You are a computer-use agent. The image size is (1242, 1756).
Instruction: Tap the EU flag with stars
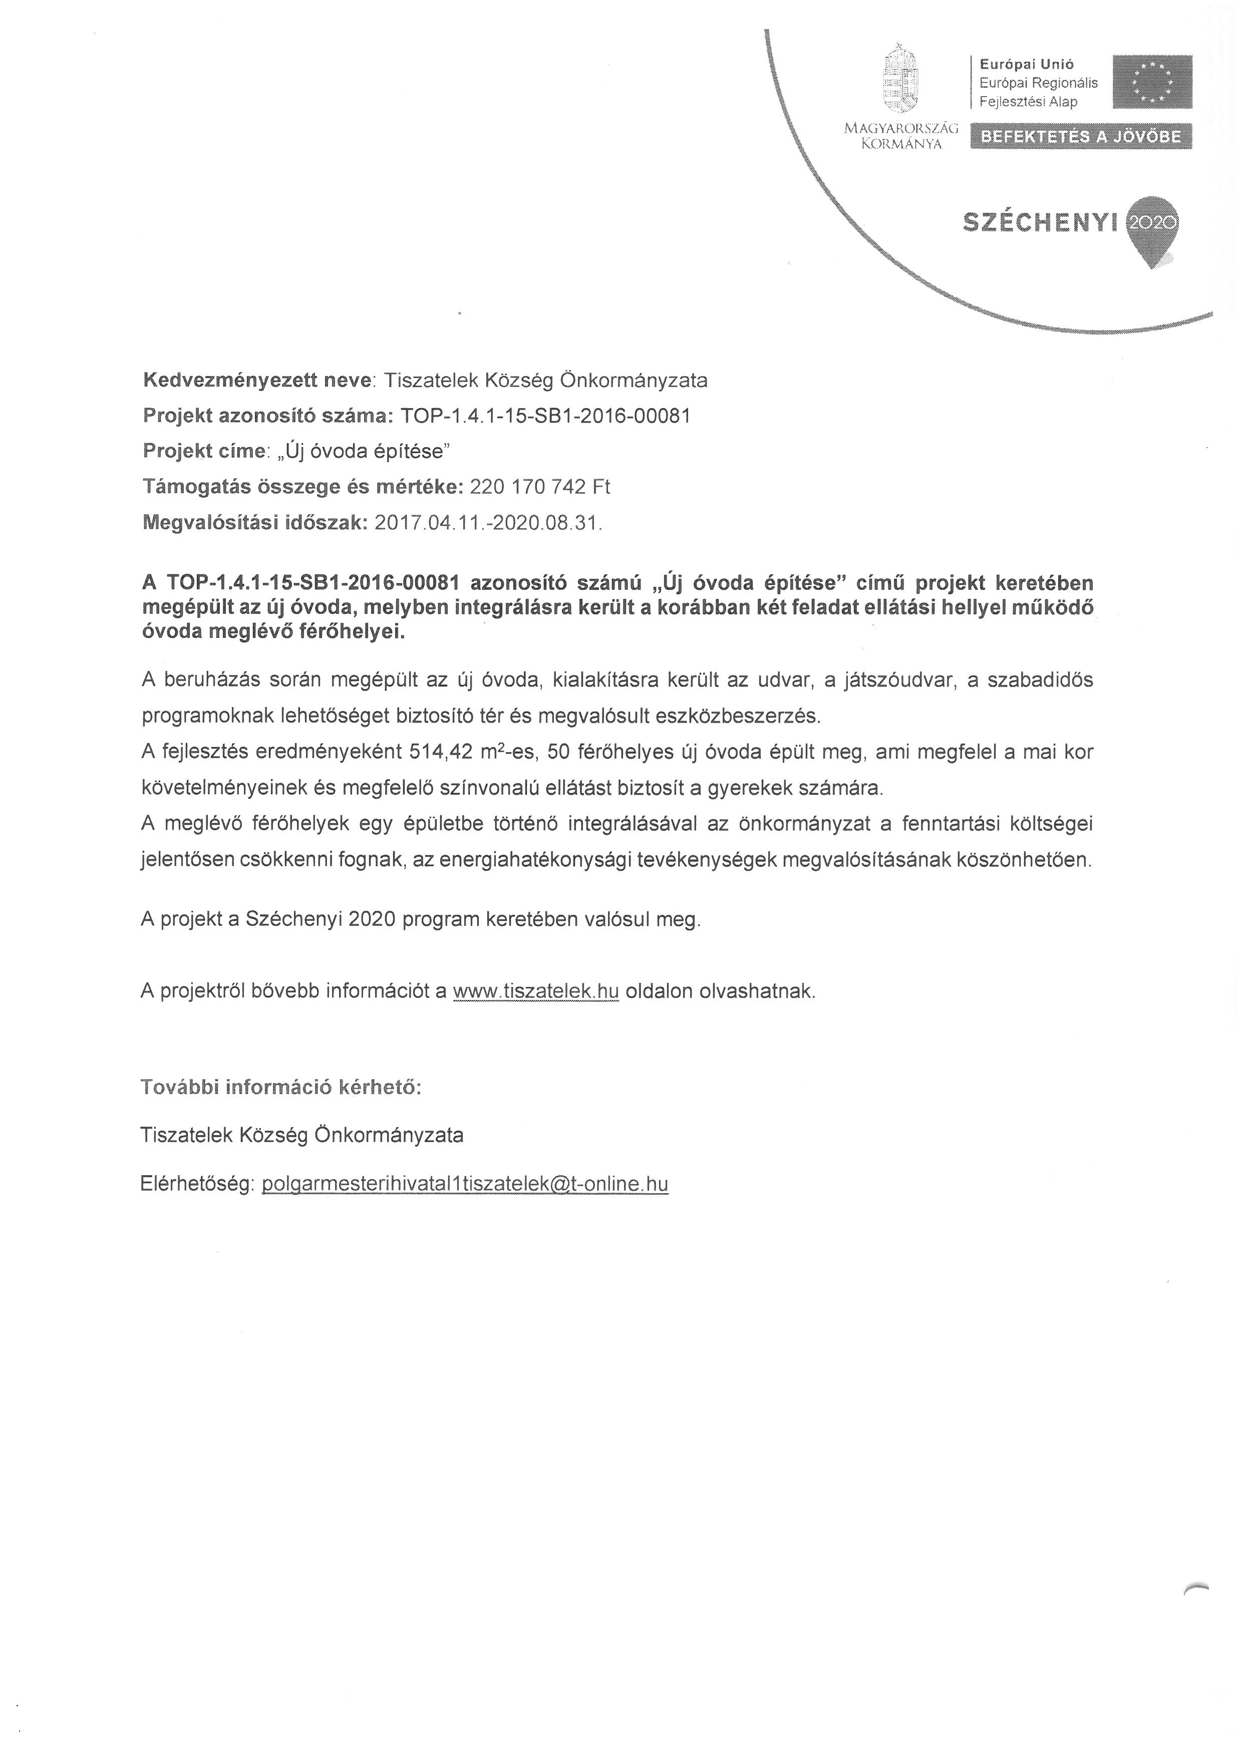(x=1152, y=81)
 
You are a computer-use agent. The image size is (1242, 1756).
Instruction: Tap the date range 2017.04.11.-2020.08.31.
(x=489, y=523)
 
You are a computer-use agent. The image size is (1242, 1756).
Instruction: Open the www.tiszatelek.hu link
(x=535, y=991)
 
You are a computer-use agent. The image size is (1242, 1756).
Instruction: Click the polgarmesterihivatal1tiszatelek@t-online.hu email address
(x=465, y=1184)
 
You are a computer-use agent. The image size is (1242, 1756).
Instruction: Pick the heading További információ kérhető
(x=281, y=1088)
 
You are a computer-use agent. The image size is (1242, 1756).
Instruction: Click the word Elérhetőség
(x=196, y=1184)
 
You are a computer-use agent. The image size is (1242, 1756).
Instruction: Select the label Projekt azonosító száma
(x=267, y=416)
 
